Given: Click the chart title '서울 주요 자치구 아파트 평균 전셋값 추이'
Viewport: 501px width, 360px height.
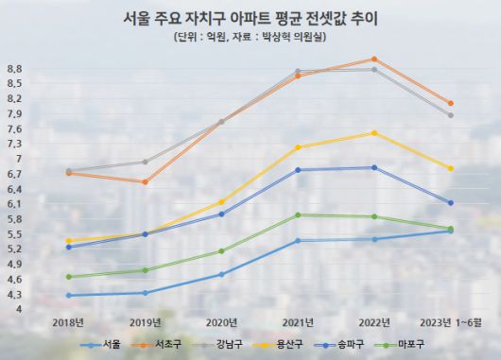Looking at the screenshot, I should [x=250, y=18].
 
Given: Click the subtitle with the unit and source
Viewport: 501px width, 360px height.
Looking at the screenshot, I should [x=250, y=39].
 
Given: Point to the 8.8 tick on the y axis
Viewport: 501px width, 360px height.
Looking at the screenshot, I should [x=13, y=69].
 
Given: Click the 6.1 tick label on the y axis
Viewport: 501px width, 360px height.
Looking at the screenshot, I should [x=13, y=204].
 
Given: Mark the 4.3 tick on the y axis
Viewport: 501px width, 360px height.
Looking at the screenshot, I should [x=13, y=295].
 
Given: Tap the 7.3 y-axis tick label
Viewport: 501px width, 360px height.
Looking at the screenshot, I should [x=13, y=144].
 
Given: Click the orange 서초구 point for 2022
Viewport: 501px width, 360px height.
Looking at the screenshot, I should [x=374, y=59].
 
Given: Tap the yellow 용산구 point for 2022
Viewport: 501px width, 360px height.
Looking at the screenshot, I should [x=374, y=133].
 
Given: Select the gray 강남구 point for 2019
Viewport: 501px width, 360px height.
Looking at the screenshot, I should [x=145, y=162].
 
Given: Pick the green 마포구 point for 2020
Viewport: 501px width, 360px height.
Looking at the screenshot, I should [x=221, y=251].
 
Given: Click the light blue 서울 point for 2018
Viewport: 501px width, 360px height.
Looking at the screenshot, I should [x=68, y=296].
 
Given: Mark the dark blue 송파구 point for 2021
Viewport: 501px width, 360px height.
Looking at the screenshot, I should [x=298, y=170].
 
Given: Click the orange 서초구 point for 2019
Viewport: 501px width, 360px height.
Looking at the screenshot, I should [x=145, y=181].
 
